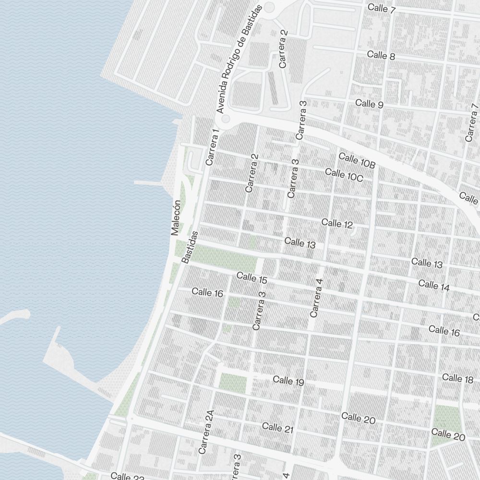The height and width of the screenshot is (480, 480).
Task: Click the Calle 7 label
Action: [x=381, y=9]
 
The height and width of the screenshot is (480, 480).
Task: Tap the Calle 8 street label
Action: [x=381, y=56]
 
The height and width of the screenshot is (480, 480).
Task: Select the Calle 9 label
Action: [x=369, y=104]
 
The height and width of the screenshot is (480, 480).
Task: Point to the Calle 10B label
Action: [x=357, y=160]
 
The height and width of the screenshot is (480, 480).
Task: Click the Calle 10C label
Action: [x=344, y=175]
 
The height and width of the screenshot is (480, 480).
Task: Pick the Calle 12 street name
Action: [x=337, y=223]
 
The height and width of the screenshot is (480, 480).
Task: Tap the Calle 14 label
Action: [x=434, y=285]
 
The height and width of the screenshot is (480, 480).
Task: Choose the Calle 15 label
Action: [x=252, y=278]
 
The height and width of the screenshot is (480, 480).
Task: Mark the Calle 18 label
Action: [x=457, y=378]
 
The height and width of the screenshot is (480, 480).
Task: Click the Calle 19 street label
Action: [x=288, y=381]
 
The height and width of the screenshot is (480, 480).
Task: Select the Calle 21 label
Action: [x=277, y=428]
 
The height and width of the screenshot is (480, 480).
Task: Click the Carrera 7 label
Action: [x=472, y=122]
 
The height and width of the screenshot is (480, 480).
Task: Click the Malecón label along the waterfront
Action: [x=175, y=217]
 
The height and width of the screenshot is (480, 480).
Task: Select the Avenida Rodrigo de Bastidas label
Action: [x=239, y=59]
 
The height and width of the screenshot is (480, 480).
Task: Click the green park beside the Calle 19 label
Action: [x=233, y=382]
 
